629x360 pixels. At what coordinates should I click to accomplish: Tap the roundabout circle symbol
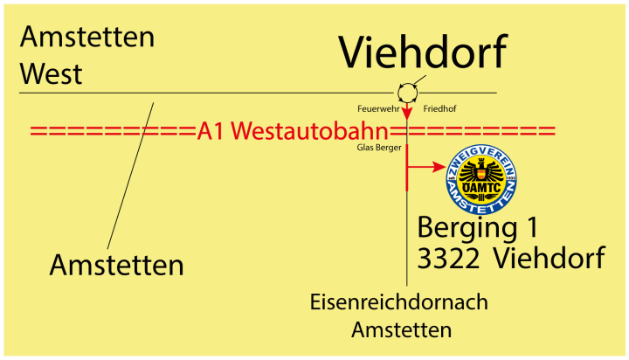[x=407, y=91]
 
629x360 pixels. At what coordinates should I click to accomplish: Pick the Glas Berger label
[x=379, y=149]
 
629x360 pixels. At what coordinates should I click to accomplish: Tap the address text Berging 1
[x=478, y=227]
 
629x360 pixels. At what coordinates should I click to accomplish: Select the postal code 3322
[x=448, y=259]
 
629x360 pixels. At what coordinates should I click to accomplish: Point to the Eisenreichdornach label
[x=398, y=302]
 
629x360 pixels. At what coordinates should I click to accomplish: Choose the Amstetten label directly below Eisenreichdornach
[x=401, y=330]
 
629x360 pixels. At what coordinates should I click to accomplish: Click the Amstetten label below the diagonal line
[x=117, y=264]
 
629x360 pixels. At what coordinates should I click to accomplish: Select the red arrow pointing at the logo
[x=425, y=167]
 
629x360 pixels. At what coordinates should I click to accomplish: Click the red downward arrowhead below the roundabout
[x=407, y=112]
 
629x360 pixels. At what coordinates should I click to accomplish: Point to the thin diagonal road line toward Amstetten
[x=131, y=175]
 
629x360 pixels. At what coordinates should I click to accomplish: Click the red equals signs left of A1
[x=114, y=132]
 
